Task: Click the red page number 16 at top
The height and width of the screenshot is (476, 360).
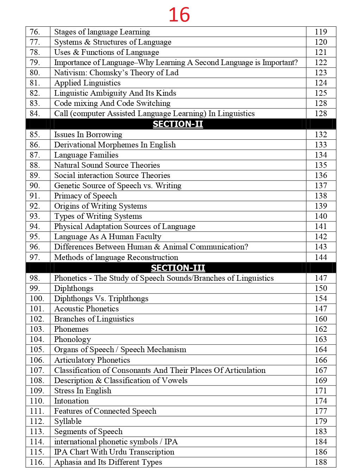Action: [179, 15]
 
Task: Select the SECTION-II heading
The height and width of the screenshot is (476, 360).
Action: [178, 124]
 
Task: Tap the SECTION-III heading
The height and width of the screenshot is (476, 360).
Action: [178, 268]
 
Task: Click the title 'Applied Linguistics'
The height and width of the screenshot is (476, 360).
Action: [87, 83]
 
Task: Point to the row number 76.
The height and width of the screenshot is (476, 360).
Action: [35, 32]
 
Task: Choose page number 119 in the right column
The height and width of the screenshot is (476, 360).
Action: [321, 32]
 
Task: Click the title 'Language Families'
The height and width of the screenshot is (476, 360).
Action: [86, 155]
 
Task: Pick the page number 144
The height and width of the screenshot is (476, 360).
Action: [321, 258]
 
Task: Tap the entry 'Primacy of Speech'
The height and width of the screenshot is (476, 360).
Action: [86, 196]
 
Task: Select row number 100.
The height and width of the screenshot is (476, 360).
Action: [37, 299]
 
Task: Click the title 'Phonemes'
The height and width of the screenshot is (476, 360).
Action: [71, 329]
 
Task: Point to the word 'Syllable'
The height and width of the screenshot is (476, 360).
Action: [68, 421]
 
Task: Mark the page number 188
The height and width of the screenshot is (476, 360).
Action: [321, 462]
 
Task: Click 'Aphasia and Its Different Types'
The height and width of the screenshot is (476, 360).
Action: [108, 462]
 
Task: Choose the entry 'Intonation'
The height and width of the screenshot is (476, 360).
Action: [71, 401]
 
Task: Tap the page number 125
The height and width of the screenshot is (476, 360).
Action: [321, 93]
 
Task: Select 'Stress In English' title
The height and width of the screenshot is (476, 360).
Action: [83, 391]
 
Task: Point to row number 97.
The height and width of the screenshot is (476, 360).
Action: [35, 258]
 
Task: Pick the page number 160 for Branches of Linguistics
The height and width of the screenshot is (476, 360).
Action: [321, 319]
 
